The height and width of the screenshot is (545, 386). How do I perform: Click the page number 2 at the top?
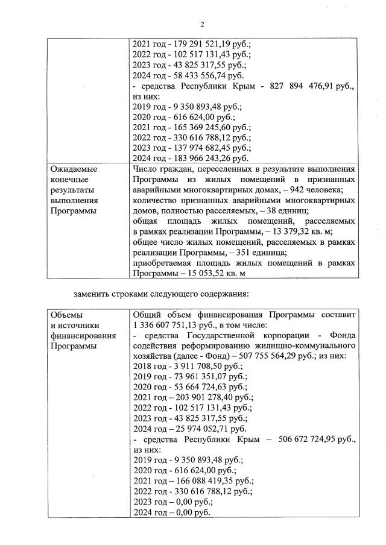[x=203, y=24]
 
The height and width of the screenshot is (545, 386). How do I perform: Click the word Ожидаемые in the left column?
[x=74, y=169]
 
